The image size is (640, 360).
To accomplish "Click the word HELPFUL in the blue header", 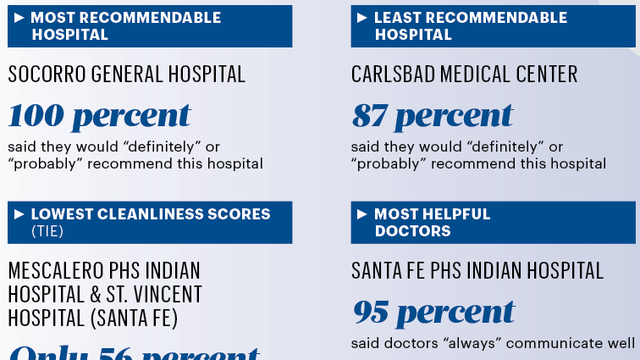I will pyautogui.click(x=455, y=214).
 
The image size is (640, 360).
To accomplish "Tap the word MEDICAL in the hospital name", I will pyautogui.click(x=477, y=75).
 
